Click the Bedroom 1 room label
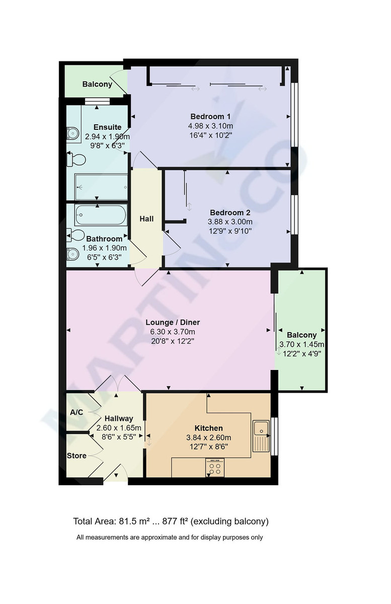tap(210, 116)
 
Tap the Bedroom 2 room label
tap(230, 212)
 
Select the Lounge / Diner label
tap(173, 322)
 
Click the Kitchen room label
tap(208, 428)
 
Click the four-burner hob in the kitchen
tap(215, 468)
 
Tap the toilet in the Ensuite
tap(75, 160)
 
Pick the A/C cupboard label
tap(76, 412)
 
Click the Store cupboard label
tap(76, 456)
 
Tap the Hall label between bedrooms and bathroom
tap(146, 218)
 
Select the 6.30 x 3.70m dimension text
tap(173, 332)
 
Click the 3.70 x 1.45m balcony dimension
tap(301, 344)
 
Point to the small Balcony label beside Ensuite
tap(97, 84)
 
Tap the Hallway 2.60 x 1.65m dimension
tap(119, 427)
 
